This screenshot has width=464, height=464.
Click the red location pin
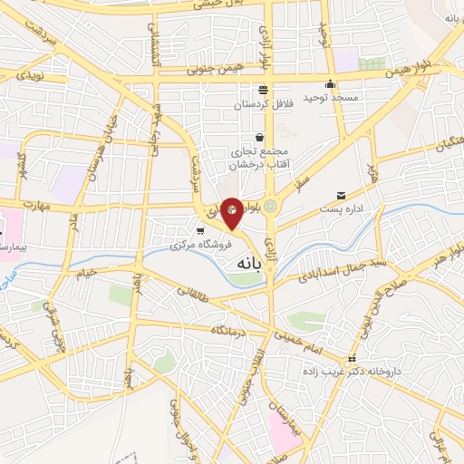point(232,212)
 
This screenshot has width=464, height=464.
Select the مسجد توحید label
point(331,97)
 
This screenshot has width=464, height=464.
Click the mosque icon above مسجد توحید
point(331,84)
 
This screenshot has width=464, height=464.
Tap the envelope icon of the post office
point(341,196)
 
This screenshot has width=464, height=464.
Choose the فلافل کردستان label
point(262,105)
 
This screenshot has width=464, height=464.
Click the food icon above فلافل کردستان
point(263,90)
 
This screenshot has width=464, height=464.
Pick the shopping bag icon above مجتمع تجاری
point(259,136)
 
